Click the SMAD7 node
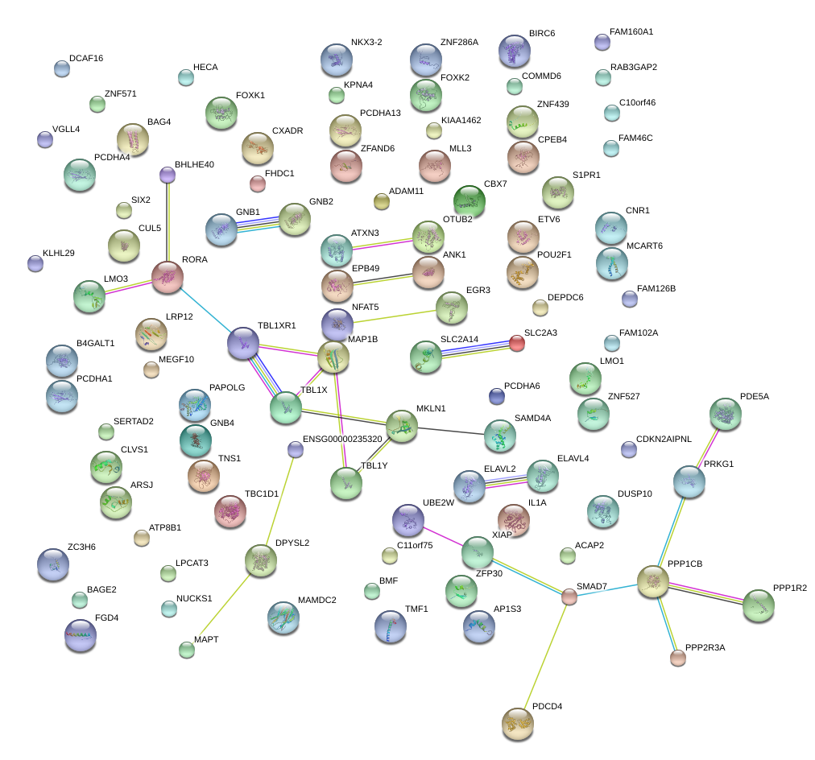coord(569,597)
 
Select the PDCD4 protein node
coord(518,724)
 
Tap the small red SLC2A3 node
coord(517,344)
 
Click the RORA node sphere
coord(168,277)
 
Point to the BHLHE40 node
coord(168,174)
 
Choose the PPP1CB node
coord(653,580)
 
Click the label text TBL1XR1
coord(277,326)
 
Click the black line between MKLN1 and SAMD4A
coord(451,431)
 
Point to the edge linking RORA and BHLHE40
coord(168,221)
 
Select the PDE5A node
coord(726,414)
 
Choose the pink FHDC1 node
coord(258,184)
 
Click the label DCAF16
coord(86,58)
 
